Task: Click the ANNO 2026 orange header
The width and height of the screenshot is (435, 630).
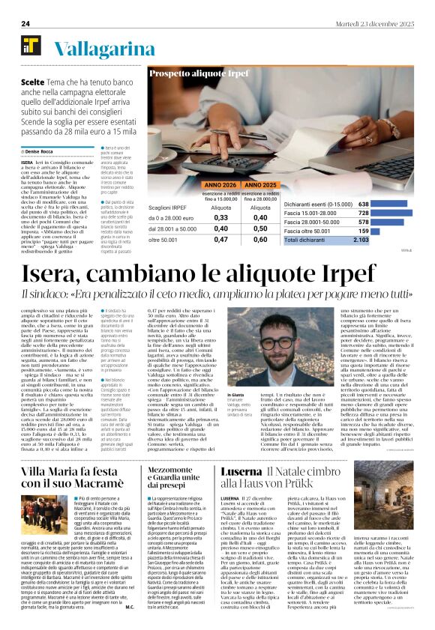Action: pos(200,184)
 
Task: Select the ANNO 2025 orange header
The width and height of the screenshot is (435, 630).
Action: pos(260,184)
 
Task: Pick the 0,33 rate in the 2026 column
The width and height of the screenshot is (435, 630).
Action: pos(201,217)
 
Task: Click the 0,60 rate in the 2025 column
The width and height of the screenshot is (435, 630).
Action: pos(260,239)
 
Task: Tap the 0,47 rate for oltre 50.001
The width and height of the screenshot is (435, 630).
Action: pos(201,239)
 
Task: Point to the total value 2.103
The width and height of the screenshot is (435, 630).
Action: pos(361,240)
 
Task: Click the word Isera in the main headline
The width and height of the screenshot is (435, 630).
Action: pos(55,274)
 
